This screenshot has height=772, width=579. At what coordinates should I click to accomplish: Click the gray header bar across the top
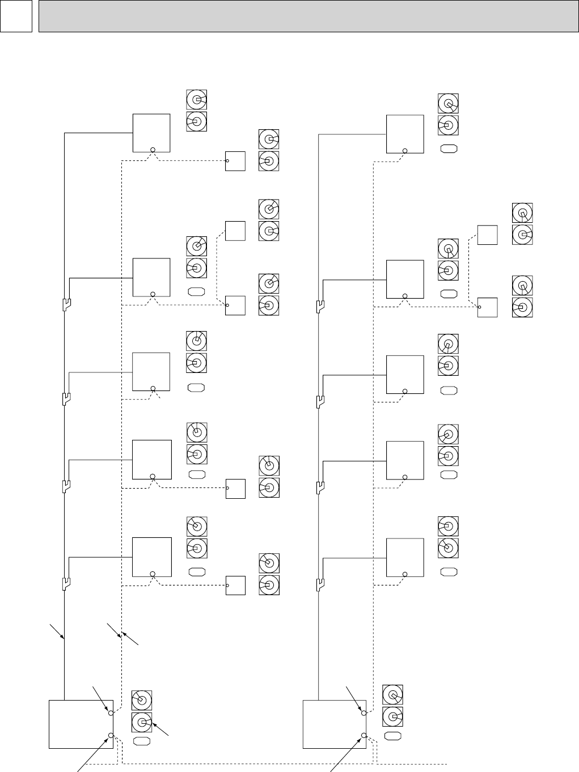[304, 16]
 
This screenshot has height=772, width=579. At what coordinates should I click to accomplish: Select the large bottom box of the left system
[81, 724]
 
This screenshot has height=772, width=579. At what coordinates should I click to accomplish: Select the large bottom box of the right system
[334, 724]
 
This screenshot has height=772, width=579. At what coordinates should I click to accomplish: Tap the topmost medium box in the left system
[151, 133]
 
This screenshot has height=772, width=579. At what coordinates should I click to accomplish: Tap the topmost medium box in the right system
[404, 134]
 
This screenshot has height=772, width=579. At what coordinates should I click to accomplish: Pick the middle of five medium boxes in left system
[151, 371]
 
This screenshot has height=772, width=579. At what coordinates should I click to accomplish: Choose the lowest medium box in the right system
[404, 557]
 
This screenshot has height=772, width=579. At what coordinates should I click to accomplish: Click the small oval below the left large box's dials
[141, 741]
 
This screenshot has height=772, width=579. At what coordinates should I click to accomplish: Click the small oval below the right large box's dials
[392, 736]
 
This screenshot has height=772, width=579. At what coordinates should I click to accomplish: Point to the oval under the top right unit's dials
[449, 149]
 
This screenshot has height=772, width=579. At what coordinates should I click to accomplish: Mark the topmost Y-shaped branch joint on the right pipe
[319, 306]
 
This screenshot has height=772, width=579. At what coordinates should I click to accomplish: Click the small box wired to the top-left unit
[235, 161]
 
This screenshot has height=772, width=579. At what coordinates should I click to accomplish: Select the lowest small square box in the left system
[235, 585]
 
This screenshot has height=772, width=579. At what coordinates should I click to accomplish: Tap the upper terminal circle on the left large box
[111, 712]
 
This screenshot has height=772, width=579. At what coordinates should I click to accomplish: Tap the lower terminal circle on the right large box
[364, 736]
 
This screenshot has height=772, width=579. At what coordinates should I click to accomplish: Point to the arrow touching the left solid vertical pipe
[57, 632]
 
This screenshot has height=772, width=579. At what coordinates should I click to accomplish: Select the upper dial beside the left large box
[142, 700]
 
